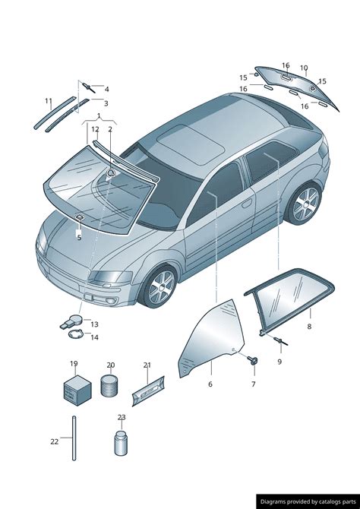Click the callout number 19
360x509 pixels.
tap(74, 364)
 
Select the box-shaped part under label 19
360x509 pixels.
tap(77, 390)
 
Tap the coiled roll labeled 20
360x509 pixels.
tap(109, 385)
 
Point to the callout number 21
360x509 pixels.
tap(147, 365)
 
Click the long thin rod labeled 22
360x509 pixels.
tap(74, 438)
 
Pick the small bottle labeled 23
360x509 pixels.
tap(121, 443)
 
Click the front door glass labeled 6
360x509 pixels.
tap(213, 337)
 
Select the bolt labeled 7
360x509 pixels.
tap(253, 359)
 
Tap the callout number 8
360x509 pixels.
tap(309, 326)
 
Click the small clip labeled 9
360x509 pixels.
tap(281, 341)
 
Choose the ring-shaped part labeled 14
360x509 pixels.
tap(76, 334)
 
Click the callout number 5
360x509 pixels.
tap(79, 238)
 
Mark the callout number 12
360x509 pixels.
tap(95, 129)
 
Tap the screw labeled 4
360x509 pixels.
tap(89, 87)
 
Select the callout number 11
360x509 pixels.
tap(49, 101)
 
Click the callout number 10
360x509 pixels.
tap(304, 68)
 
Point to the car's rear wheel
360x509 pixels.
tap(305, 204)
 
